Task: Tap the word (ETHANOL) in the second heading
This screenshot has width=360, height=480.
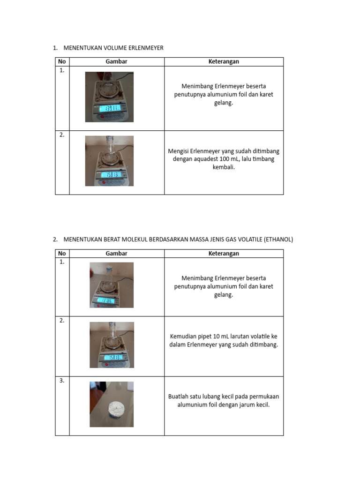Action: pyautogui.click(x=278, y=239)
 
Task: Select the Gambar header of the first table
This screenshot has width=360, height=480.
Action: pyautogui.click(x=116, y=61)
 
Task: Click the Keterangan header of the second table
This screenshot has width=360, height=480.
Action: pyautogui.click(x=224, y=254)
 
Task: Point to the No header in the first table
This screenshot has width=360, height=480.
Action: pyautogui.click(x=62, y=61)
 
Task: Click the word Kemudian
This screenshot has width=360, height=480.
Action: pyautogui.click(x=183, y=336)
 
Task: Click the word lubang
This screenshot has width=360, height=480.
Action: pyautogui.click(x=213, y=396)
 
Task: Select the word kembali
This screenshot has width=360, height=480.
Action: pyautogui.click(x=224, y=167)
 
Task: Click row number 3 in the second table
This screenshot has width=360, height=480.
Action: pyautogui.click(x=62, y=381)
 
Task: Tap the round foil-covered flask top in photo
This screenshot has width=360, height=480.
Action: pyautogui.click(x=114, y=408)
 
